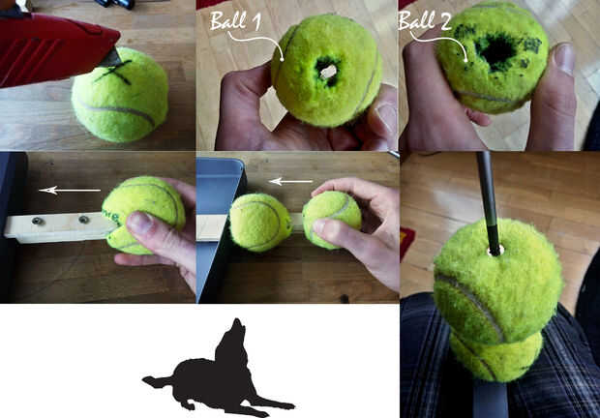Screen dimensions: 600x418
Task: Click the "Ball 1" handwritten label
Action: click(236, 20)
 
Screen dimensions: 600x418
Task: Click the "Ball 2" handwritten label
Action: click(425, 20)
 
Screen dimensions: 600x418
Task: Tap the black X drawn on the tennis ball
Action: click(114, 72)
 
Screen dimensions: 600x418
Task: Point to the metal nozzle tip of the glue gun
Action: click(112, 57)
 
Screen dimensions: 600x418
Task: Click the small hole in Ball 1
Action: click(327, 72)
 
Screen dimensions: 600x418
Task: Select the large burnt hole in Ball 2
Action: click(496, 49)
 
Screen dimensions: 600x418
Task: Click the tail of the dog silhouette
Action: click(158, 381)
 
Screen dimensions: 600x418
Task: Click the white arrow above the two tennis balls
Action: click(291, 181)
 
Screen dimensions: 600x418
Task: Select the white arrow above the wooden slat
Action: click(70, 190)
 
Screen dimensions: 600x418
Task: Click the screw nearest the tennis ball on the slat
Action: click(84, 219)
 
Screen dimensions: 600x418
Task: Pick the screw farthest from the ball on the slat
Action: click(38, 221)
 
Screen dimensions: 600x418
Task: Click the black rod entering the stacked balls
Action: click(489, 202)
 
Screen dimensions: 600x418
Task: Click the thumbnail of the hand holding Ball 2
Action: click(563, 57)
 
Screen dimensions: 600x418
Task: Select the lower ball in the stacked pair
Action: click(495, 358)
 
